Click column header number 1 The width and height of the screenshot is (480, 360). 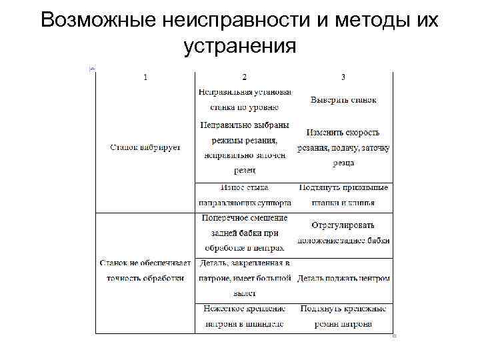146,77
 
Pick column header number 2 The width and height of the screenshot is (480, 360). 245,77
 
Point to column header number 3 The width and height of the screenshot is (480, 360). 343,77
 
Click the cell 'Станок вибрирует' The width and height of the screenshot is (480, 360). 145,147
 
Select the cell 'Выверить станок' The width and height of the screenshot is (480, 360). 343,100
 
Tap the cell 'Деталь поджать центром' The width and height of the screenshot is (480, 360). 343,278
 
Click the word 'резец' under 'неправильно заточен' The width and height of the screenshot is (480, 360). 245,171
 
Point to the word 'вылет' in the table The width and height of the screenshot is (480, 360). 245,293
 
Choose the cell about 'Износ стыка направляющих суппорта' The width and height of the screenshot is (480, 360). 245,195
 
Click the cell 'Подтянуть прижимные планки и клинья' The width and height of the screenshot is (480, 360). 343,195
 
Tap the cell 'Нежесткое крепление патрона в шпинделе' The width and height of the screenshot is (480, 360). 245,317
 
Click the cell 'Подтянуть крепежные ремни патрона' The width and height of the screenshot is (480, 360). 343,317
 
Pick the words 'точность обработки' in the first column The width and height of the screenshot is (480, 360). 145,278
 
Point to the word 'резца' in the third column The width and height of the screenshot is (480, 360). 343,163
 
